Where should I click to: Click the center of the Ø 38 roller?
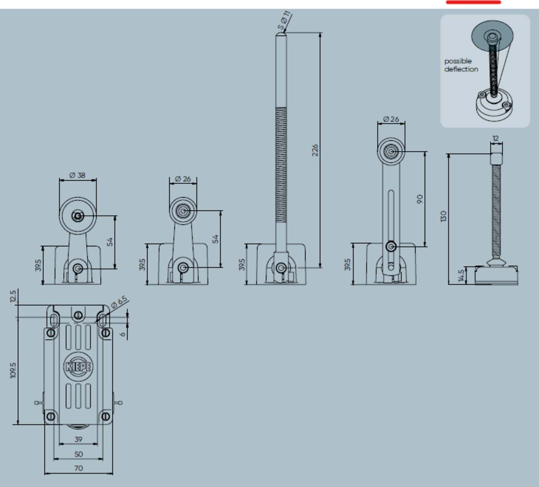77,216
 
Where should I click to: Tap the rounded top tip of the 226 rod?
281,33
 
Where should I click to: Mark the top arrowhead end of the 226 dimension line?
320,33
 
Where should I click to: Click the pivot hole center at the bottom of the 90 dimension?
391,246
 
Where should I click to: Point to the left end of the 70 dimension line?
45,474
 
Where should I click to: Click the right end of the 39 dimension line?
98,444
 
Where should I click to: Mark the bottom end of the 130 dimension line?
449,284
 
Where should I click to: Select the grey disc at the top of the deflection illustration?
492,36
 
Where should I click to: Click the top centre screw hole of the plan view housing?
78,315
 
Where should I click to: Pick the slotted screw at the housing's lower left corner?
51,417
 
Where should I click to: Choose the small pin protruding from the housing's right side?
118,403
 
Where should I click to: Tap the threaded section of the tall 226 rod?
281,165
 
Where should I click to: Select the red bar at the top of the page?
473,2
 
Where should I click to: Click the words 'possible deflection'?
461,65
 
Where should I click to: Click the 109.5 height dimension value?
13,370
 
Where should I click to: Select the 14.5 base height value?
462,276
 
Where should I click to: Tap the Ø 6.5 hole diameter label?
119,302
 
